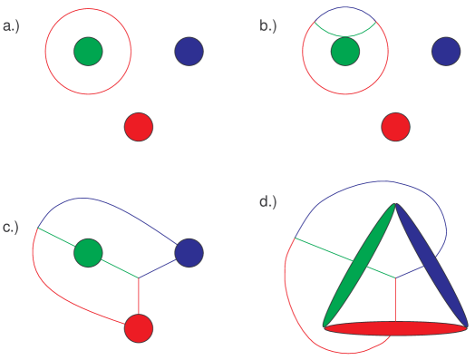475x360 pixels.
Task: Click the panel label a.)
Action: coord(12,26)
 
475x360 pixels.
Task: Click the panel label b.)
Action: coord(267,26)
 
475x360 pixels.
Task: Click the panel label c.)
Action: coord(11,227)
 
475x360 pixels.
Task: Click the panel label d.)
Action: coord(268,201)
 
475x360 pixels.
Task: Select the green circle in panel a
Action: coord(88,51)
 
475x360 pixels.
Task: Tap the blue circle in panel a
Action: coord(189,51)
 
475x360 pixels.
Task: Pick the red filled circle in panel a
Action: coord(139,126)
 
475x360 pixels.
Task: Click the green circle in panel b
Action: coord(344,51)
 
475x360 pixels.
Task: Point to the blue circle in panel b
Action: coord(445,51)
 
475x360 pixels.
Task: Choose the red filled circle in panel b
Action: coord(395,126)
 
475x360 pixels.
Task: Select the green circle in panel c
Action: coord(88,252)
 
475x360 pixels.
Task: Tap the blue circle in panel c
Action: coord(189,252)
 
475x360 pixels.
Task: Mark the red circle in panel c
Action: coord(139,327)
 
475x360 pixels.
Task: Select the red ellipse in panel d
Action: coord(395,328)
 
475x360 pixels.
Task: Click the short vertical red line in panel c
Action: coord(139,296)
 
